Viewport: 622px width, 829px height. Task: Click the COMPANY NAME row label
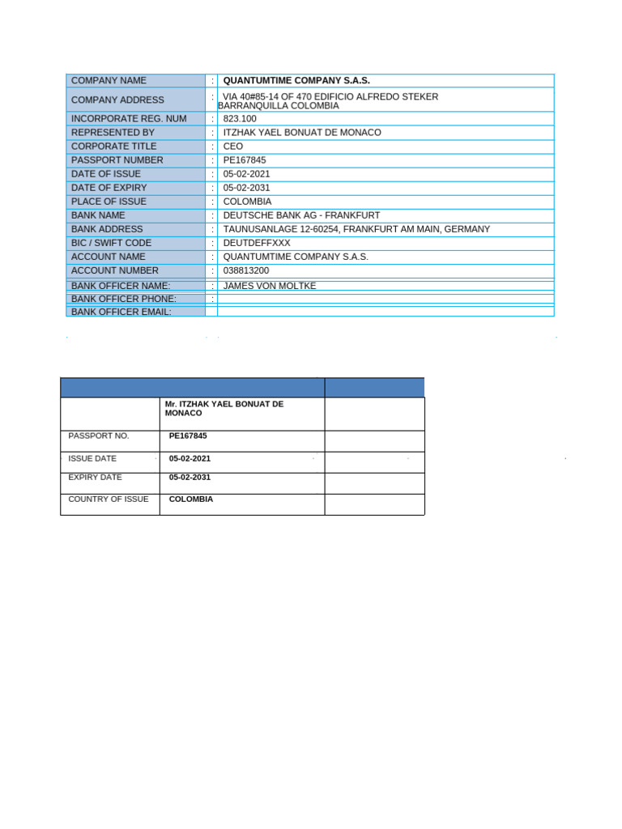click(x=109, y=81)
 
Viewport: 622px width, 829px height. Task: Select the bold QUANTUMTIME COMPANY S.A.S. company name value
click(x=296, y=81)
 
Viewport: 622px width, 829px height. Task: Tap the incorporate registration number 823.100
click(x=240, y=119)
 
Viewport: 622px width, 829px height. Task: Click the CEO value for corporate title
click(x=233, y=147)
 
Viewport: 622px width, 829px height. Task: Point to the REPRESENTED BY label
click(x=113, y=133)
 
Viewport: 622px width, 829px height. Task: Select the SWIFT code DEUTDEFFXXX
click(x=257, y=243)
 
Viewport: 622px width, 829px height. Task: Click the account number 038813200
click(x=246, y=270)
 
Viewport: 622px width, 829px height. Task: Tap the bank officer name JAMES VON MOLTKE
click(x=270, y=286)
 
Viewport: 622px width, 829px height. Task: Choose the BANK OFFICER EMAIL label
click(x=121, y=312)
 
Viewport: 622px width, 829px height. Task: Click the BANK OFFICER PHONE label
click(x=123, y=299)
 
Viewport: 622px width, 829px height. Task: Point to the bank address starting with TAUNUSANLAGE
click(x=356, y=229)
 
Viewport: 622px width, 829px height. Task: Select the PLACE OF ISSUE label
click(x=109, y=202)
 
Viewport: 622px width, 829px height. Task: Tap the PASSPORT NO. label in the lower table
click(x=99, y=436)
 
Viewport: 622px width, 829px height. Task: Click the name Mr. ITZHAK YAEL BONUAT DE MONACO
click(x=224, y=408)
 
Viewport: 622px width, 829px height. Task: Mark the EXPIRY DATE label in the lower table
click(x=95, y=478)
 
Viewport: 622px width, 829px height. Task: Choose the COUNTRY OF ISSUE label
click(x=109, y=500)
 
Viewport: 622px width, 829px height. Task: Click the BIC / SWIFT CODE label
click(x=111, y=243)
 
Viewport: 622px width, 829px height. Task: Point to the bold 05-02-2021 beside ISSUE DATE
click(x=190, y=459)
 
